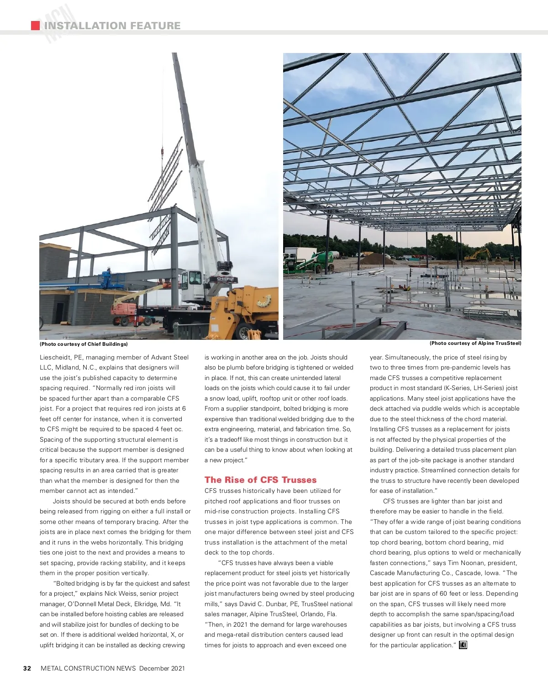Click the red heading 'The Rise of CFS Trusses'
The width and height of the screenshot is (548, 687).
(260, 480)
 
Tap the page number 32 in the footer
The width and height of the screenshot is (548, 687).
(27, 668)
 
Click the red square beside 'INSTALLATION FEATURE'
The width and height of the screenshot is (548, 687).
(35, 26)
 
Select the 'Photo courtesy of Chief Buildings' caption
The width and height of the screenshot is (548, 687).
(84, 344)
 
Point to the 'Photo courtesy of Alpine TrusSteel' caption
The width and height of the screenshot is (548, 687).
(475, 343)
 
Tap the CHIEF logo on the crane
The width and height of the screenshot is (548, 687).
(225, 278)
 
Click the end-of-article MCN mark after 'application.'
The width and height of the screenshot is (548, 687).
(463, 645)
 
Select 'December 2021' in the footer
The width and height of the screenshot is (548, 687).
(162, 668)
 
